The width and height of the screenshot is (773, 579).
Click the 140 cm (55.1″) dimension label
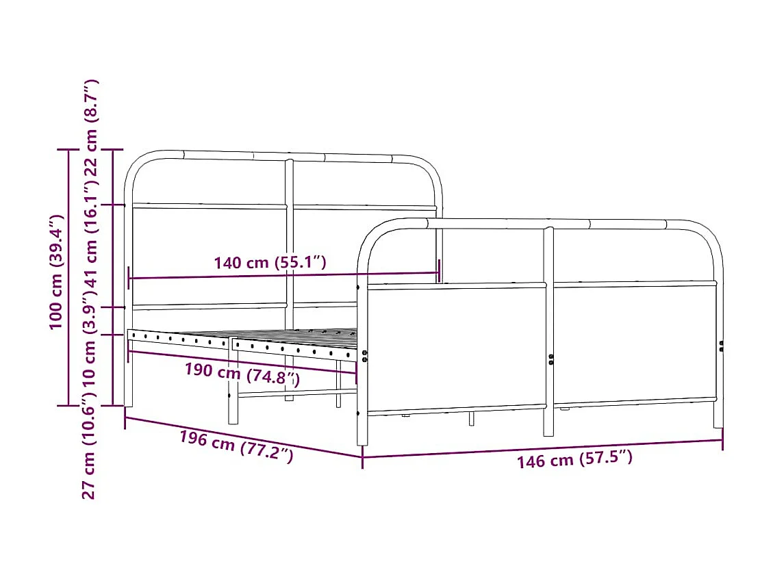[270, 262]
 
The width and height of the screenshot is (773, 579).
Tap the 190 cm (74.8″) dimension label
[242, 373]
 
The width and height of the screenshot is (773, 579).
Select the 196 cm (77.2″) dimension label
[236, 446]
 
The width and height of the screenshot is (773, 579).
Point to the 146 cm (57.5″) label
[574, 459]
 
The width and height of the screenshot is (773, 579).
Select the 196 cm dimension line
[243, 436]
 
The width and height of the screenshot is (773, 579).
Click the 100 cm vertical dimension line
[68, 277]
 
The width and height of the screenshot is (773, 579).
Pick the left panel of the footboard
[455, 348]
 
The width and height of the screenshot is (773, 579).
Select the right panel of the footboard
[633, 342]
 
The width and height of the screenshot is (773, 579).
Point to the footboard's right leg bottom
[718, 422]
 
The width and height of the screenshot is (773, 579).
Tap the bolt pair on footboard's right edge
[721, 346]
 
